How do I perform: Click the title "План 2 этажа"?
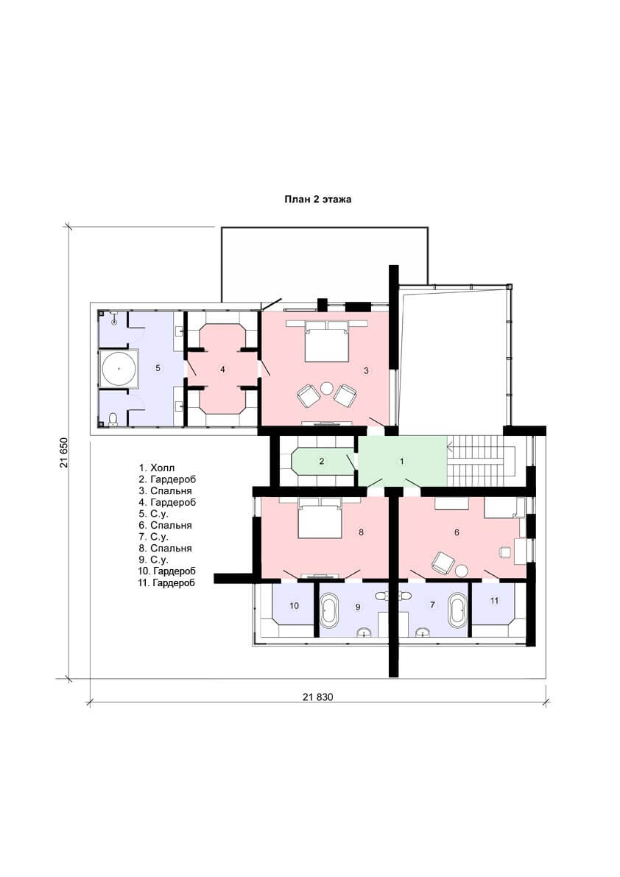coord(317,199)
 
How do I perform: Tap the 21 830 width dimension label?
coord(317,697)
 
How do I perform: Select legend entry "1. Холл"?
coord(157,468)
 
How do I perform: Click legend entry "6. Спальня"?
coord(166,525)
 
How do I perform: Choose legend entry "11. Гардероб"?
coord(166,582)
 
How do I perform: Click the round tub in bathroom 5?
coord(119,369)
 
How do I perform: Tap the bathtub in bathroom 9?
coord(328,610)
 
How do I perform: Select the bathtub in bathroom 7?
coord(457,610)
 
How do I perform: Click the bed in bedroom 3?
coord(327,340)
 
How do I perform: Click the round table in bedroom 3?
coord(326,387)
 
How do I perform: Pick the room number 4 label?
coord(222,369)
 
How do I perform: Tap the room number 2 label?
coord(322,462)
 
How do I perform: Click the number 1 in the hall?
coord(401,462)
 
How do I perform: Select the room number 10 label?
coord(294,606)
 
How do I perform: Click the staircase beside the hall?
coord(480,462)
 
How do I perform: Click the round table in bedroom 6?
coord(461,571)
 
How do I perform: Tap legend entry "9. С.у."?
coord(154,560)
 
